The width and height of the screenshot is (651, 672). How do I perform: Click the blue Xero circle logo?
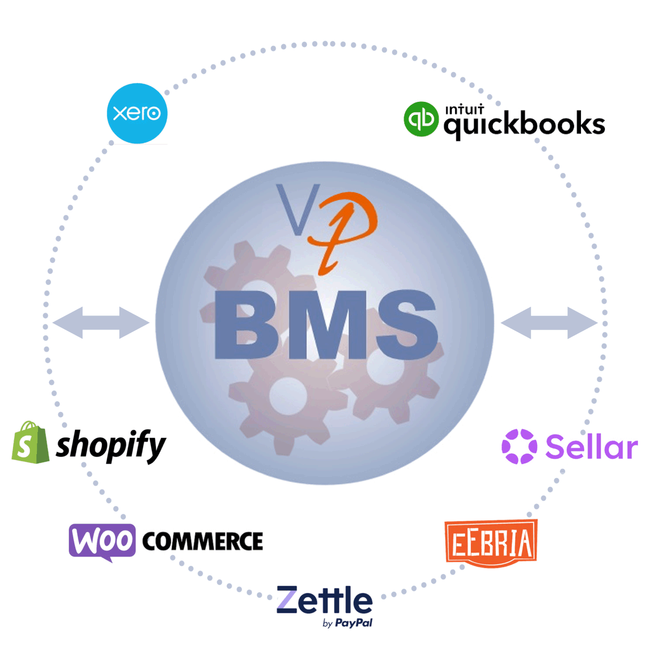click(x=137, y=113)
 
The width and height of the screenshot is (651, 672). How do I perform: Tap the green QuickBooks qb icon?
click(x=421, y=119)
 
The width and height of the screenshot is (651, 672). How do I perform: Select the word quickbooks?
click(x=524, y=125)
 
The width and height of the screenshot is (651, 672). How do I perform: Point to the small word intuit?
click(x=464, y=109)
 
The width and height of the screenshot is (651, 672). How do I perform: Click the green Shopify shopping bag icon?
click(x=30, y=443)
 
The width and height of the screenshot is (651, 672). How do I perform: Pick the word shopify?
click(x=111, y=445)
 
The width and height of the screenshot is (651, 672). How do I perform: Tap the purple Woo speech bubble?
click(x=102, y=541)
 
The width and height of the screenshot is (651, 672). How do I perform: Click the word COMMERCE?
click(x=203, y=541)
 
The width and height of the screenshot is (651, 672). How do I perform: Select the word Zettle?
click(x=324, y=600)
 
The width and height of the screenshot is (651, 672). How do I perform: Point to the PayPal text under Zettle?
click(x=354, y=623)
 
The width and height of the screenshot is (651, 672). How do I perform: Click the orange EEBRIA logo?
click(x=491, y=543)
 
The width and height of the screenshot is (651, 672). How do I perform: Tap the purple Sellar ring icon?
click(x=519, y=447)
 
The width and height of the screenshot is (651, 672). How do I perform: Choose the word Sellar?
click(x=591, y=447)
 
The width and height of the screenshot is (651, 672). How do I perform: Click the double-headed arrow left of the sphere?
click(x=101, y=323)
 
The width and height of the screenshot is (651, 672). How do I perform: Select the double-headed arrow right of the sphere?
click(x=549, y=323)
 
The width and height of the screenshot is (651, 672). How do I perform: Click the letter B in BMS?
click(x=244, y=325)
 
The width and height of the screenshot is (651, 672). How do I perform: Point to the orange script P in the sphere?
click(x=344, y=228)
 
